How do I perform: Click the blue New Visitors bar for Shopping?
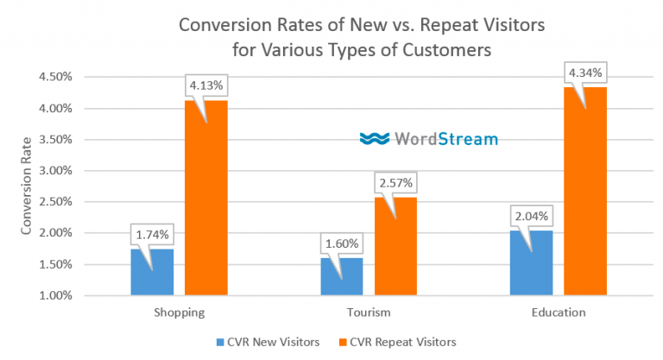pyautogui.click(x=152, y=275)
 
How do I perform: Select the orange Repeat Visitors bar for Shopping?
pyautogui.click(x=205, y=207)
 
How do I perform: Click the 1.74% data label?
pyautogui.click(x=152, y=233)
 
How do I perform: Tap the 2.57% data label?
pyautogui.click(x=395, y=183)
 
